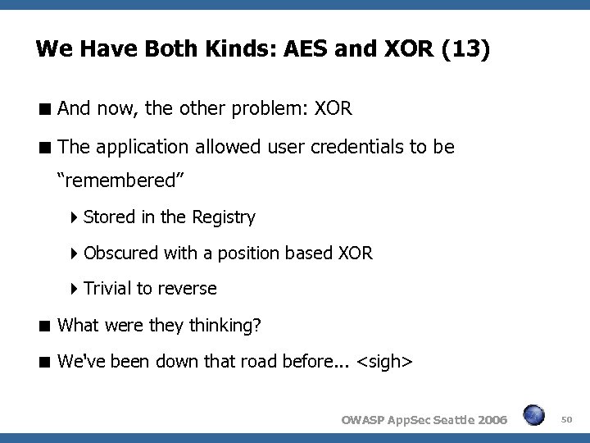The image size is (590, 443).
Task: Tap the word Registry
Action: [223, 217]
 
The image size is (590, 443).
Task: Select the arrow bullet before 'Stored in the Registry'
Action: [75, 217]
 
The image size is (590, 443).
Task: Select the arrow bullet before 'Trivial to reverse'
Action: [75, 289]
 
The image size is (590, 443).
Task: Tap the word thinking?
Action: [225, 326]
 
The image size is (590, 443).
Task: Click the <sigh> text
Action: [385, 362]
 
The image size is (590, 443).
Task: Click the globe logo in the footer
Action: [533, 415]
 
